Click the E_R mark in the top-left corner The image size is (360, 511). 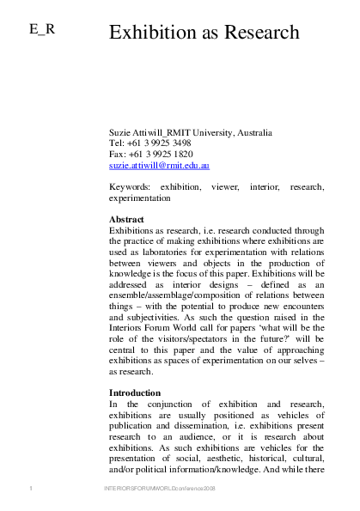(42, 29)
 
